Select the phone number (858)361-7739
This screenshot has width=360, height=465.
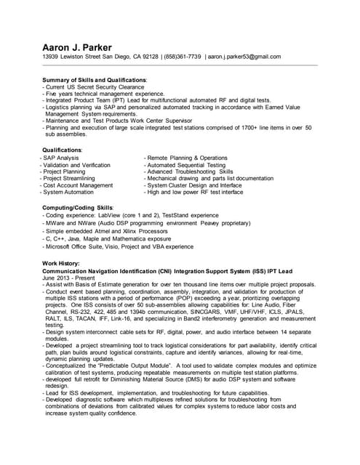click(x=182, y=57)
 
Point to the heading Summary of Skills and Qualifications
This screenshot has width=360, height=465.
click(x=95, y=79)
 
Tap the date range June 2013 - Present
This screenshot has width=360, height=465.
click(x=68, y=277)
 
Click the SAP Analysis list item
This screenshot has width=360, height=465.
click(x=61, y=158)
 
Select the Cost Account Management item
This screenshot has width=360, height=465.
click(x=78, y=185)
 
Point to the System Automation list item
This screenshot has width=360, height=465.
click(x=69, y=193)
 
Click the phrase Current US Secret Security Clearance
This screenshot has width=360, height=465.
click(x=95, y=86)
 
